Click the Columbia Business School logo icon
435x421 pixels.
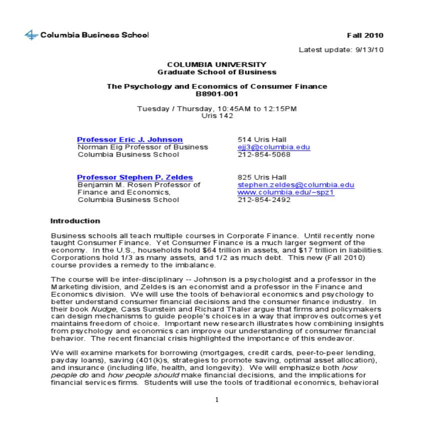coord(31,35)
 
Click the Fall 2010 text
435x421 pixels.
coord(365,35)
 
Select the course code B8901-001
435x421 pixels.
coord(216,93)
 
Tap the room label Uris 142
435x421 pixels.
coord(217,115)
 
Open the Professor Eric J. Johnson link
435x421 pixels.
coord(129,139)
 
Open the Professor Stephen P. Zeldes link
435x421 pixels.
coord(134,177)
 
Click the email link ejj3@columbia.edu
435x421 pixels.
coord(273,147)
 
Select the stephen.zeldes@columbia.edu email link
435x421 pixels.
coord(295,185)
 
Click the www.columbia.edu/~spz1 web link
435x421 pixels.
coord(285,192)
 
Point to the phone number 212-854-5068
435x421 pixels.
coord(263,154)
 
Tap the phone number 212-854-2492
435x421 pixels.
coord(263,200)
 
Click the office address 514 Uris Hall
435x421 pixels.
coord(261,139)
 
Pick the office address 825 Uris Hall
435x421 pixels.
coord(261,177)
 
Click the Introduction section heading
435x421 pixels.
coord(75,221)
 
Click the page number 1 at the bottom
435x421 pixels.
coord(216,399)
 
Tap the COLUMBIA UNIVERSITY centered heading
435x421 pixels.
coord(216,64)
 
